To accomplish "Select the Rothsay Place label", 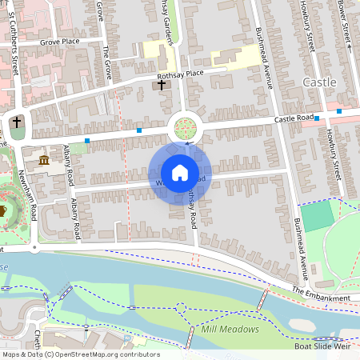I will click(181, 74).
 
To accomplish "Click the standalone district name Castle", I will click(320, 82).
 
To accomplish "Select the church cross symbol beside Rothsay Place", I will click(161, 84).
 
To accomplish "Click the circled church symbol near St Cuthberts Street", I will click(17, 123).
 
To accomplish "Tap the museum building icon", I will click(43, 161).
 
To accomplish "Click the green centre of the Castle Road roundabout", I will click(186, 127).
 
